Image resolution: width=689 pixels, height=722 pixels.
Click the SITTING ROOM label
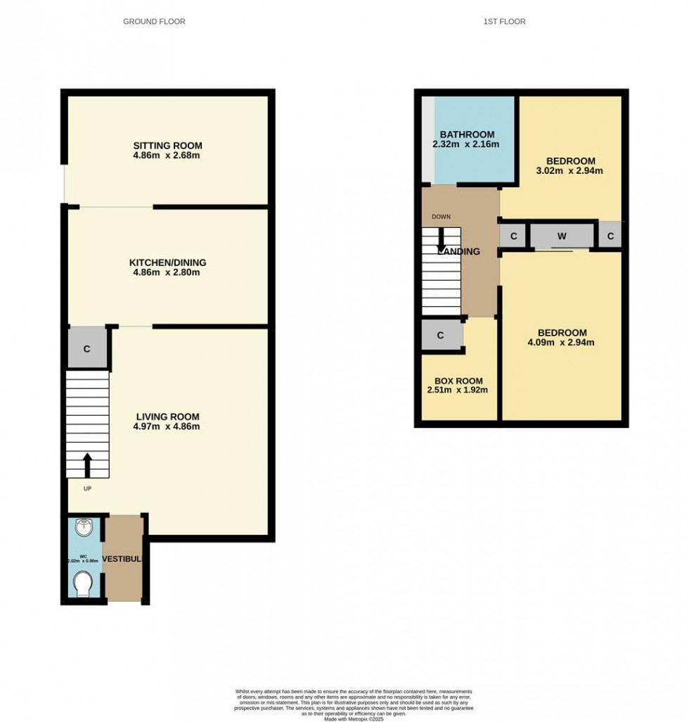click(x=167, y=146)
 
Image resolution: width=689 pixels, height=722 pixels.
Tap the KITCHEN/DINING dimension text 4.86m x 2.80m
click(x=167, y=272)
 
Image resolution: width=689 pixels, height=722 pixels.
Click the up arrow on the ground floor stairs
click(x=88, y=465)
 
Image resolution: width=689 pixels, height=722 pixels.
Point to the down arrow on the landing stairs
click(x=442, y=239)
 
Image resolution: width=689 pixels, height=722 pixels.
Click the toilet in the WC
click(x=83, y=583)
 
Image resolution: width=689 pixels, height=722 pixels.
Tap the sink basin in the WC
click(x=83, y=527)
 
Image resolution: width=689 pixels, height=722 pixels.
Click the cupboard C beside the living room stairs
click(x=87, y=348)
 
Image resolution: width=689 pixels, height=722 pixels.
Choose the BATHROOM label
click(x=467, y=134)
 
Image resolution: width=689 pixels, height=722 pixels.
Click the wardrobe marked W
click(x=562, y=236)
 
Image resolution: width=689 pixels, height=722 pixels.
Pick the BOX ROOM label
click(x=457, y=379)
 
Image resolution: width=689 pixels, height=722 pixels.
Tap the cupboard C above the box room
click(x=440, y=335)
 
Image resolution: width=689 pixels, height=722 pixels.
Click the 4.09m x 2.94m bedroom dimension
click(x=562, y=343)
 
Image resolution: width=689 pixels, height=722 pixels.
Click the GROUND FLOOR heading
click(x=154, y=22)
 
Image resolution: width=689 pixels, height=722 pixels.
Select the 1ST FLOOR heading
click(x=504, y=22)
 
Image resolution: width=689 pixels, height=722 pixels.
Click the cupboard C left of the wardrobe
click(x=514, y=236)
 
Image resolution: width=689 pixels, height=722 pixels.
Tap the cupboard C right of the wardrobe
click(x=610, y=236)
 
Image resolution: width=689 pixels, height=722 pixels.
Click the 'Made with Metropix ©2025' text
click(x=354, y=718)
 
